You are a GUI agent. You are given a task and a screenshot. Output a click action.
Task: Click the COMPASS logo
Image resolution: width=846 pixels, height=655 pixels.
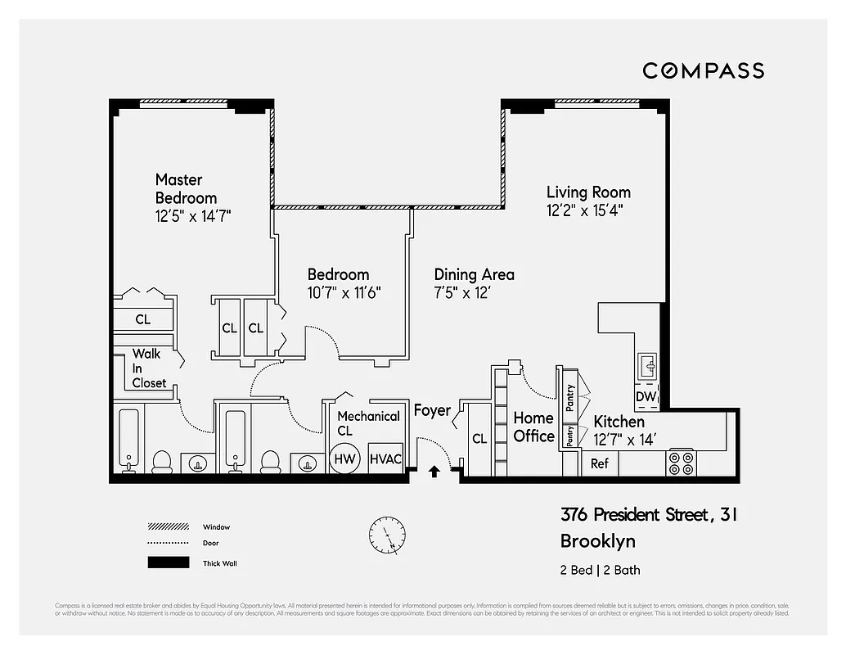pyautogui.click(x=703, y=71)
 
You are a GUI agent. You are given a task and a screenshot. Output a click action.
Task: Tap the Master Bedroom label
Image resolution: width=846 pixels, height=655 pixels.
pyautogui.click(x=187, y=188)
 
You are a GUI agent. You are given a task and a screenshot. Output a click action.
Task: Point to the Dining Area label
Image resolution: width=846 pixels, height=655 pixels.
pyautogui.click(x=474, y=274)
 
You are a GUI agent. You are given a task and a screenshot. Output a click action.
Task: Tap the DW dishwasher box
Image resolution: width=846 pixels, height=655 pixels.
pyautogui.click(x=646, y=397)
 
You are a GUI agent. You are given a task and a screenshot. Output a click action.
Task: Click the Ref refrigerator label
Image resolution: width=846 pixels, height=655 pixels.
pyautogui.click(x=600, y=463)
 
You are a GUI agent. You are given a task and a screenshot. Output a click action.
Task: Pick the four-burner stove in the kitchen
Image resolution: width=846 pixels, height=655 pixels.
pyautogui.click(x=681, y=462)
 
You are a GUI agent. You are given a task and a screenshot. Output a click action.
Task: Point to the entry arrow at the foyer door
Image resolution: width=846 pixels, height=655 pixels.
pyautogui.click(x=434, y=471)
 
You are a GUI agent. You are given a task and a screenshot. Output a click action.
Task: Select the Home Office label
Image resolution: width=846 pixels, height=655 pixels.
pyautogui.click(x=533, y=427)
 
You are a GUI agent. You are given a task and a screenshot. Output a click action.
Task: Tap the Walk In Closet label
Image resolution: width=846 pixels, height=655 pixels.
pyautogui.click(x=149, y=368)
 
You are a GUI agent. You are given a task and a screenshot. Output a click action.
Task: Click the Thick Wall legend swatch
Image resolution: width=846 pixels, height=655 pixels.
pyautogui.click(x=168, y=562)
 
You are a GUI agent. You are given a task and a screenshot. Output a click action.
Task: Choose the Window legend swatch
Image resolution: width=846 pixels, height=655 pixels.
pyautogui.click(x=168, y=526)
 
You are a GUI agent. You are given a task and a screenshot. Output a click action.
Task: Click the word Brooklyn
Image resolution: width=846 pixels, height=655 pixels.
pyautogui.click(x=597, y=541)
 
